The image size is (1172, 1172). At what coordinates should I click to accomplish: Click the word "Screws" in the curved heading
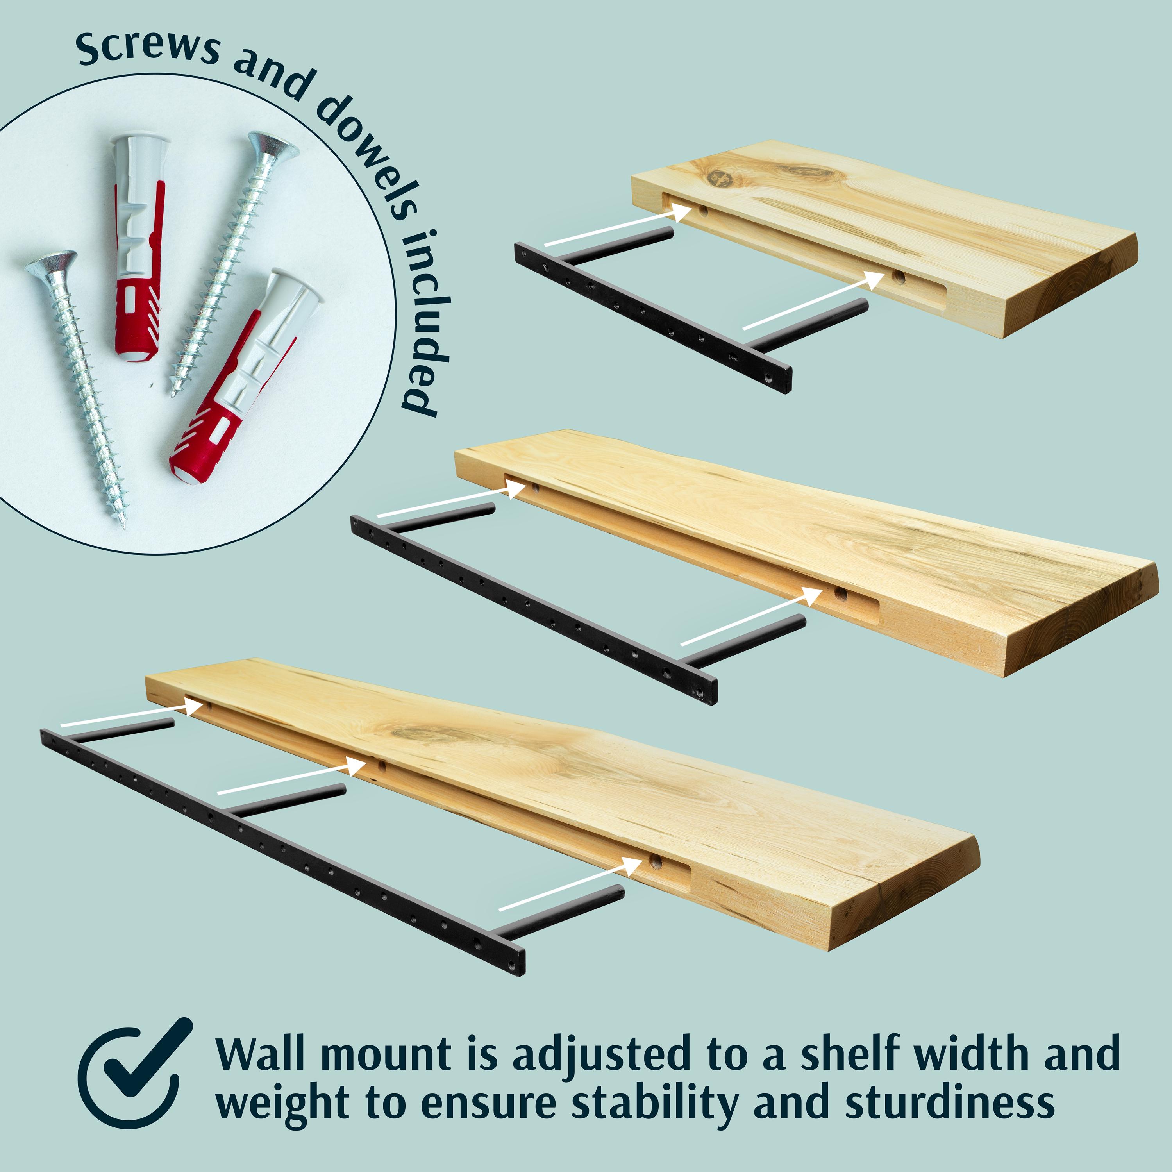148,47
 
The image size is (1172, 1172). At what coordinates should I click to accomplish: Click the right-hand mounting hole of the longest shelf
656,861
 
